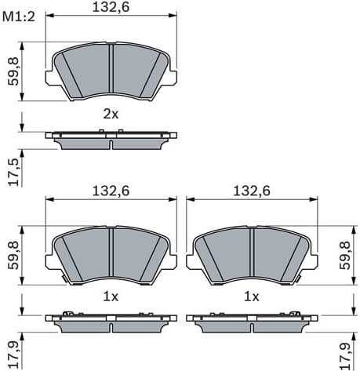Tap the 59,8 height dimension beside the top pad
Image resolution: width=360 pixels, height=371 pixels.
tap(12, 71)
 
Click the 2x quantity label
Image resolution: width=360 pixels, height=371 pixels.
tap(111, 114)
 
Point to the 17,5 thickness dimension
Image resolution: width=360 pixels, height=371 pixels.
tap(12, 170)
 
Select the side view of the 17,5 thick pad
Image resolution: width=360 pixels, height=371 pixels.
tap(111, 139)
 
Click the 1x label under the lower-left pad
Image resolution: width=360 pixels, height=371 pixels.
tap(111, 296)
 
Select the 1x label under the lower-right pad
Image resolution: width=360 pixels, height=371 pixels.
tap(251, 296)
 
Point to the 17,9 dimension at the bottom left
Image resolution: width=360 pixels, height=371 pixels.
tap(12, 352)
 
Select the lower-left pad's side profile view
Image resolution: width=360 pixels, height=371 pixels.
tap(111, 321)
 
